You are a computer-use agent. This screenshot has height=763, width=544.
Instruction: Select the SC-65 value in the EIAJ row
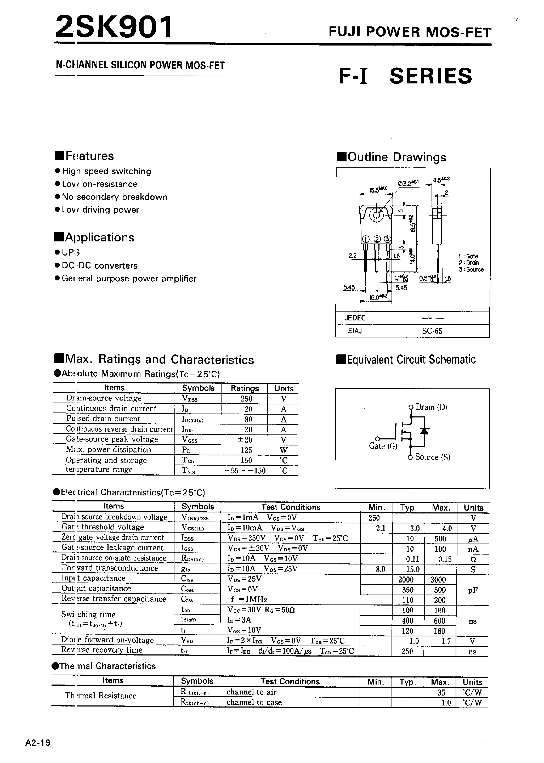click(432, 331)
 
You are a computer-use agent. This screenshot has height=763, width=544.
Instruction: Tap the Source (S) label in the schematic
click(432, 457)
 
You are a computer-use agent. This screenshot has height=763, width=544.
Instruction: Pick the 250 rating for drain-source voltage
click(246, 399)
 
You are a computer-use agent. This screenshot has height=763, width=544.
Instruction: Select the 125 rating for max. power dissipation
click(246, 450)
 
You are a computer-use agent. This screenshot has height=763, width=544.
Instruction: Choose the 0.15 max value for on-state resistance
click(445, 559)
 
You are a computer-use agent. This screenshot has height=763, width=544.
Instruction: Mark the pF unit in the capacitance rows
click(472, 590)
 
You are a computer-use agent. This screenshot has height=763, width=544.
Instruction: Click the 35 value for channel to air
click(441, 692)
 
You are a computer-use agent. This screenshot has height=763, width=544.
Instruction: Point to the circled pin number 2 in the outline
click(377, 239)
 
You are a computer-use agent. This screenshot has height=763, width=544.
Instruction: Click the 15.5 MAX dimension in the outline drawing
click(378, 190)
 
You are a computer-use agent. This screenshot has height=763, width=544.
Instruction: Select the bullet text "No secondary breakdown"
click(115, 197)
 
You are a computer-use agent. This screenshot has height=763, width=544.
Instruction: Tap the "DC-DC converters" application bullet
click(99, 265)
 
